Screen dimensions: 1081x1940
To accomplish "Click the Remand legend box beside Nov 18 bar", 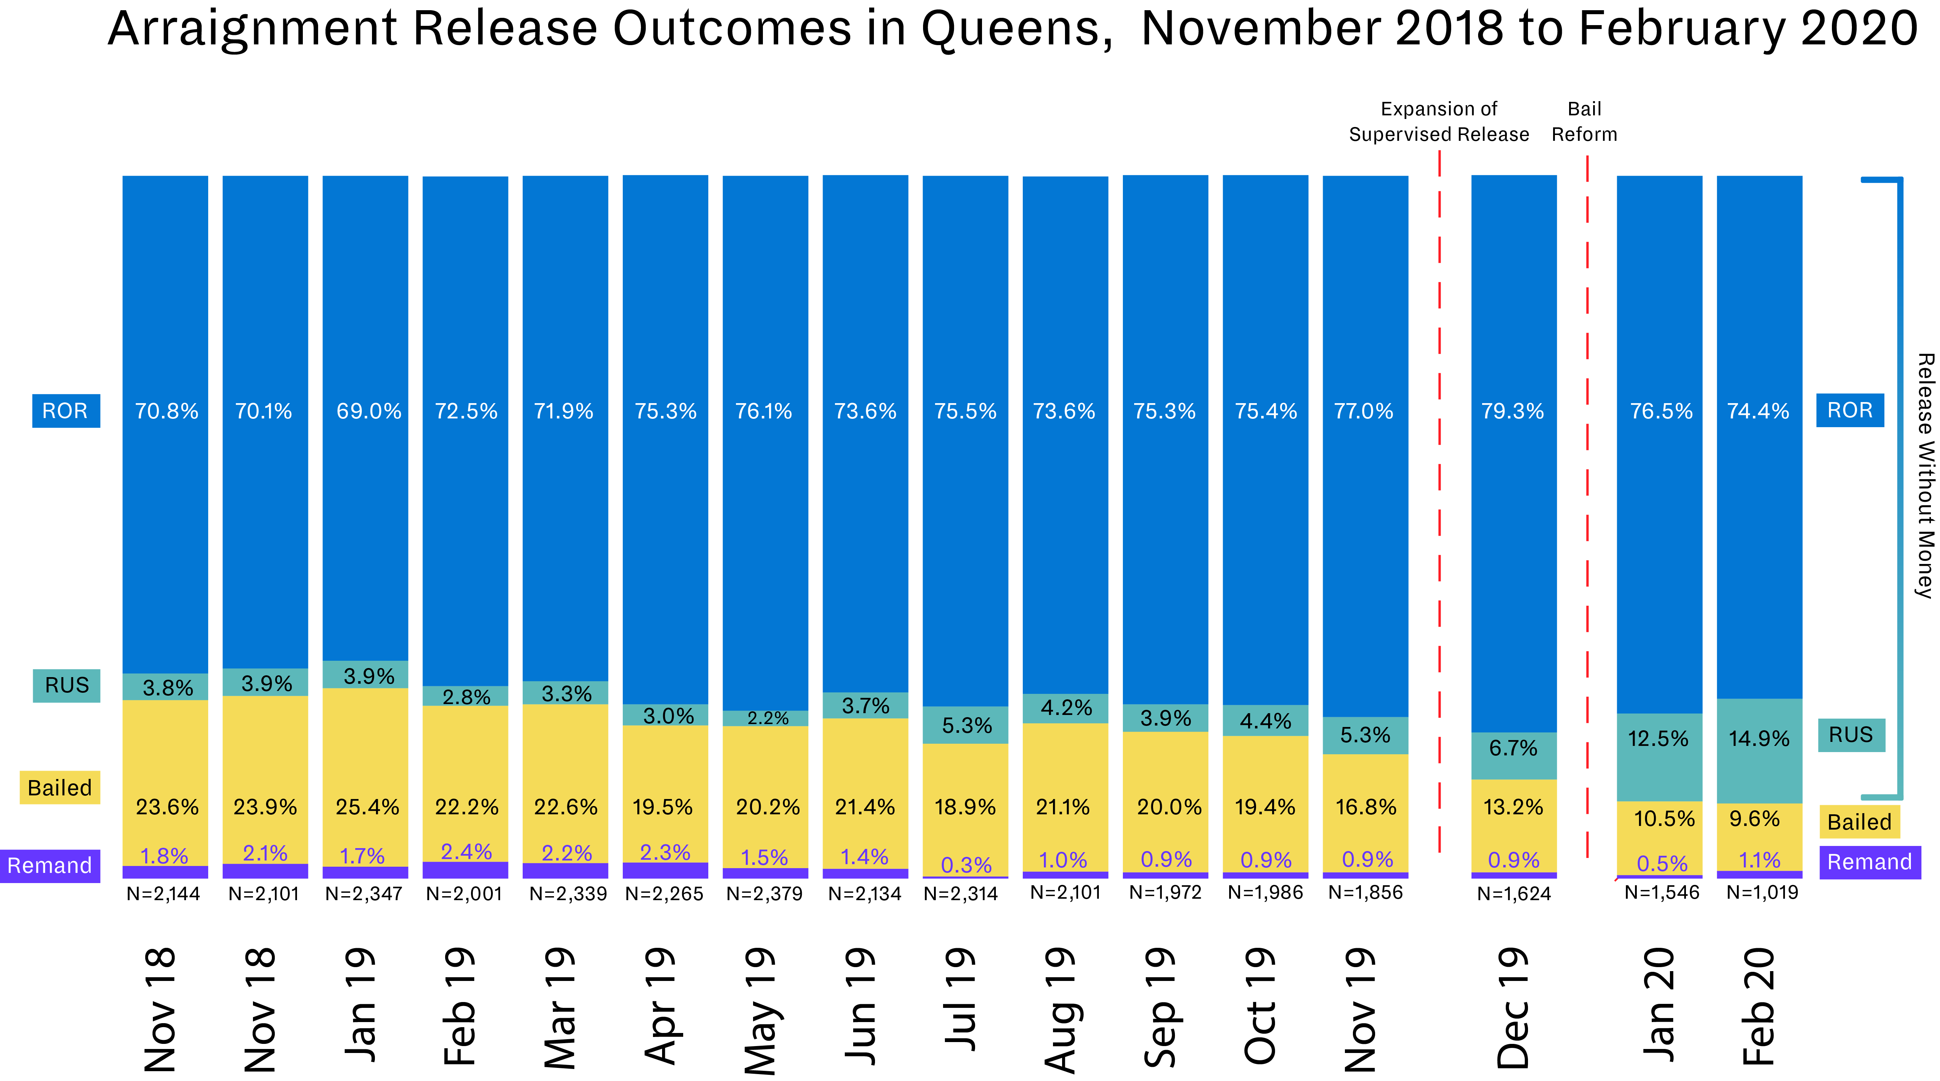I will click(x=50, y=866).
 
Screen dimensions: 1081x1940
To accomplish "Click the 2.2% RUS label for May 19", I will click(x=767, y=718).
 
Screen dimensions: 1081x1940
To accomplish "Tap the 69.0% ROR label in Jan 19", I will click(x=368, y=411).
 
